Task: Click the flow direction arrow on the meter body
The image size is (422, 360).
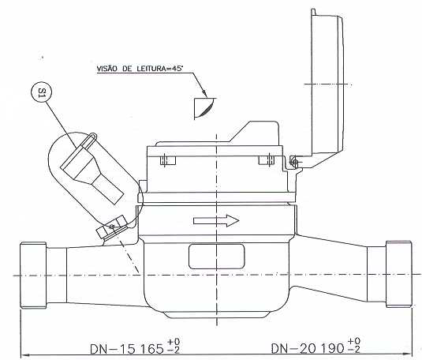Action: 216,221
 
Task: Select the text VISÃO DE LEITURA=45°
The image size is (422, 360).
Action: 140,69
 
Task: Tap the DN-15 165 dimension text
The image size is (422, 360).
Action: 127,349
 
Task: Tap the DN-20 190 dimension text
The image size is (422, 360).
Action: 308,348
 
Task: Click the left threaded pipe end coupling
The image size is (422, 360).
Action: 33,276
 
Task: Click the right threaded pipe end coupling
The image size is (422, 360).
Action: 398,274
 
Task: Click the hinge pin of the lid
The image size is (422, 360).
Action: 295,163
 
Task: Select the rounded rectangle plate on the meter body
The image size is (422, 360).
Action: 217,257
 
